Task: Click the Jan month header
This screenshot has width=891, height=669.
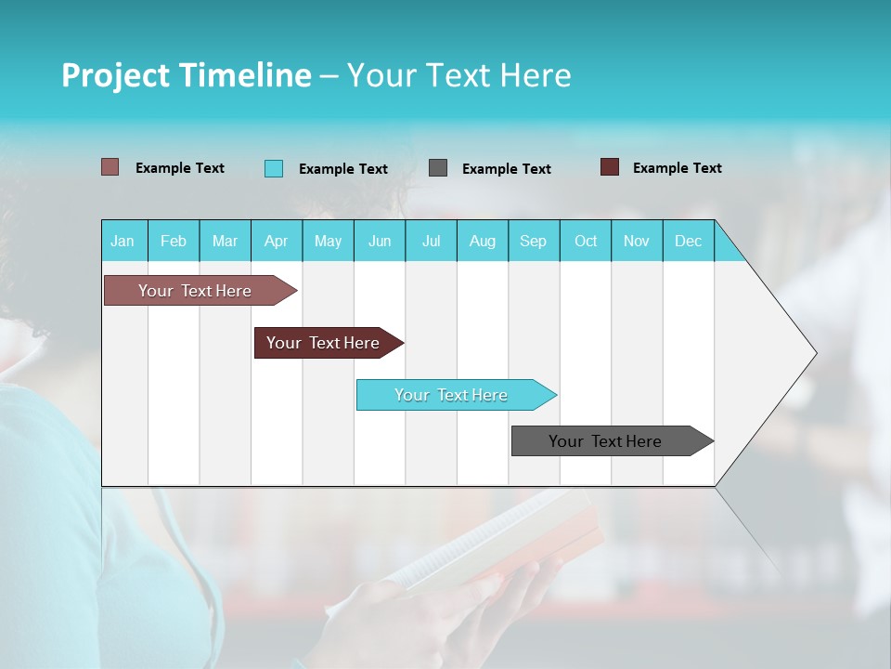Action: point(123,241)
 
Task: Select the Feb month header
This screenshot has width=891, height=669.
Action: point(174,241)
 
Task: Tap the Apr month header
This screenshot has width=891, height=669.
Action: point(277,241)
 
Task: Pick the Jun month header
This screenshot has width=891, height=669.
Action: point(380,241)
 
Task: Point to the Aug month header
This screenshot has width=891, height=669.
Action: point(483,241)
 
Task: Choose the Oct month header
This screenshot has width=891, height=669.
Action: point(586,241)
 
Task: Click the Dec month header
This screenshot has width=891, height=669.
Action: point(688,241)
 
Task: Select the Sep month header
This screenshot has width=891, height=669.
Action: point(534,241)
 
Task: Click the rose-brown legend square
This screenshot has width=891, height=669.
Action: point(110,167)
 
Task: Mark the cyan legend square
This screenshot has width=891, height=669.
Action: point(273,168)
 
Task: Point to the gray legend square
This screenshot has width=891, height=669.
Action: point(438,168)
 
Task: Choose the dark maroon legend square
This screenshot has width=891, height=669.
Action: point(609,167)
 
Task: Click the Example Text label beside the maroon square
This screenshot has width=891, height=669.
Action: point(677,168)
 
